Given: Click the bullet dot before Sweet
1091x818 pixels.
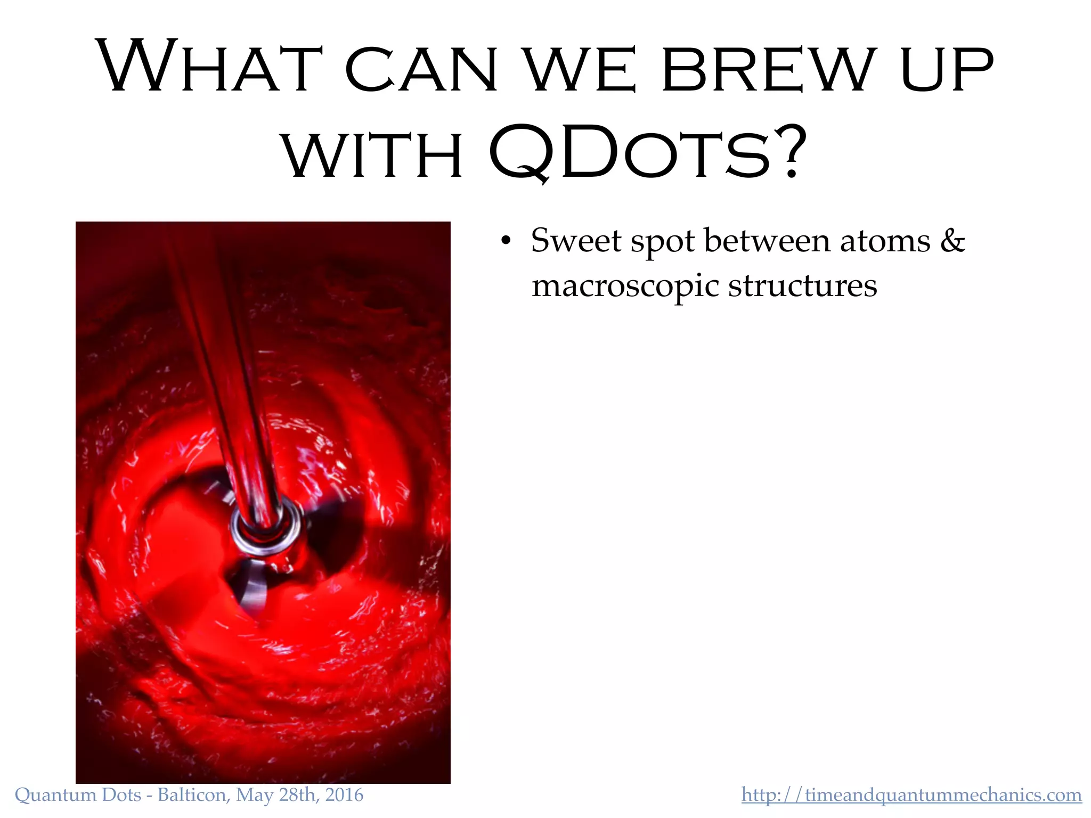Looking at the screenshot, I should tap(506, 241).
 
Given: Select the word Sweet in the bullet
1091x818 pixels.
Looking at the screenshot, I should tap(576, 241).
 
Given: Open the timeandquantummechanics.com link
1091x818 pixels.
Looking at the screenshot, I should tap(911, 795).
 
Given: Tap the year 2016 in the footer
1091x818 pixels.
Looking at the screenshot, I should tap(344, 795).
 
